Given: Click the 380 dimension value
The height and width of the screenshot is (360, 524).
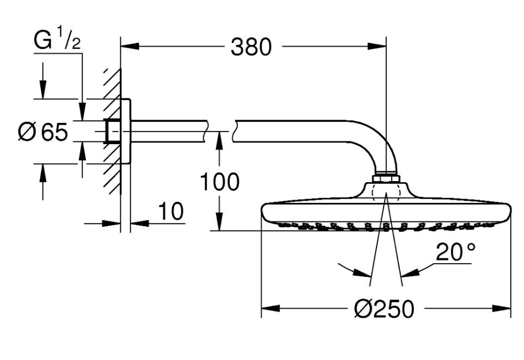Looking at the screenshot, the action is (x=251, y=47).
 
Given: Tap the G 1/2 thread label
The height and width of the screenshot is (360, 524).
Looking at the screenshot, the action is (x=57, y=39).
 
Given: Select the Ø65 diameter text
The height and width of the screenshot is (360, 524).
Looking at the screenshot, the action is (x=43, y=132).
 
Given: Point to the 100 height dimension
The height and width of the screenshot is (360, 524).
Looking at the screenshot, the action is (x=220, y=182).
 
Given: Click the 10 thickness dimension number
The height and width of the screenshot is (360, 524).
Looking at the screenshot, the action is (x=171, y=211).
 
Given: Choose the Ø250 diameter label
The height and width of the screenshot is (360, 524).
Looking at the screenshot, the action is (x=384, y=308).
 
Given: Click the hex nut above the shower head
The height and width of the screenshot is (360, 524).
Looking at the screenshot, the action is (x=386, y=178).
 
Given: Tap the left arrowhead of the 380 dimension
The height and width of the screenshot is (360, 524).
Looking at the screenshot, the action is (x=130, y=46).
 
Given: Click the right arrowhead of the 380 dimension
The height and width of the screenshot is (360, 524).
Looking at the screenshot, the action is (x=377, y=46).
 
